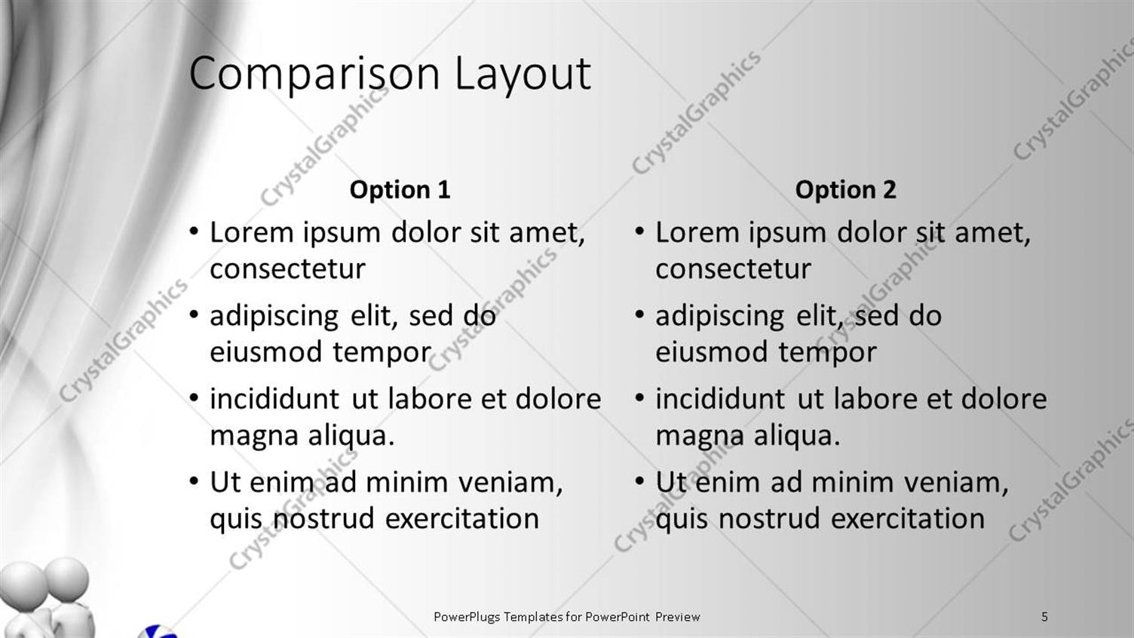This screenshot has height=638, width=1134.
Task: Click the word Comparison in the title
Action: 314,74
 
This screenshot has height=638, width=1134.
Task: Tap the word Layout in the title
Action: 522,74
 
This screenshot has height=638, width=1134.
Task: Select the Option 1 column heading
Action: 400,189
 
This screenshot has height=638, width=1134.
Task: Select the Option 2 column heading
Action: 845,189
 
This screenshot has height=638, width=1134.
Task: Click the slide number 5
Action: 1044,617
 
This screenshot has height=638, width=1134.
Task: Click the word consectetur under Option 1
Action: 287,269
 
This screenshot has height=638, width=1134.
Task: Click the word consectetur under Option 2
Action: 733,269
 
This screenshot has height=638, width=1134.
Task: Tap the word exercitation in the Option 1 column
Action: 461,519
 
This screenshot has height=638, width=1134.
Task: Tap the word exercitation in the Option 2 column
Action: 907,519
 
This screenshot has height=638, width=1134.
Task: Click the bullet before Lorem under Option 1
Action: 194,231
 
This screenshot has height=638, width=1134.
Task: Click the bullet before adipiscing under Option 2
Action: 639,314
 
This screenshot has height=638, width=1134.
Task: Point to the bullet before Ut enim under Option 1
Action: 194,480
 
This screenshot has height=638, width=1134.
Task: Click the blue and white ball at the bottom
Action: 159,631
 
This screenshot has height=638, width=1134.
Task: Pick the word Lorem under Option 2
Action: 697,233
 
